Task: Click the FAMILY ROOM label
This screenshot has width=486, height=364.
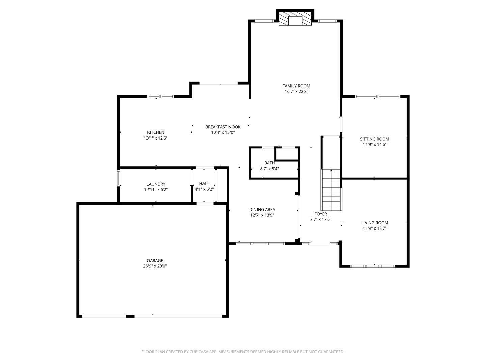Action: (296, 86)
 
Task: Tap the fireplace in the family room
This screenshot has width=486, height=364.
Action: (295, 19)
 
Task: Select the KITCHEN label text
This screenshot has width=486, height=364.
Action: (156, 132)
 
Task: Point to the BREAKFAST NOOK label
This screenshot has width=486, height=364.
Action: (223, 127)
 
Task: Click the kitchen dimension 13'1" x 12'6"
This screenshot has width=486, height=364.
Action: (156, 138)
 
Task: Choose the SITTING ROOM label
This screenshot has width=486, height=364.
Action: (375, 139)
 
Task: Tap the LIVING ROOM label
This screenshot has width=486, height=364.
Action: (375, 223)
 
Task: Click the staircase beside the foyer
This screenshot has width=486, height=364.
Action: (331, 190)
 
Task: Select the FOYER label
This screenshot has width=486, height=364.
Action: (321, 214)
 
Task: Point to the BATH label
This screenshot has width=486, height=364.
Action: (269, 163)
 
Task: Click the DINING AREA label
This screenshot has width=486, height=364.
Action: (262, 209)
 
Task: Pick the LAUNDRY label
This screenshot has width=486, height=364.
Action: (156, 184)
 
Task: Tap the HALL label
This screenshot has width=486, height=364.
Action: (204, 184)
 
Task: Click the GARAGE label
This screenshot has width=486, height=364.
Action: (155, 260)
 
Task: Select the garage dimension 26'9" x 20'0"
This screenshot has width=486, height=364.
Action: (155, 266)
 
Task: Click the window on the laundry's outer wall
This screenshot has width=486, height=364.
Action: (119, 178)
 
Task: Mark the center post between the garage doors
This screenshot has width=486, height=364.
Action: (130, 316)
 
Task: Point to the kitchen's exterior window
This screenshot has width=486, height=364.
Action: (161, 97)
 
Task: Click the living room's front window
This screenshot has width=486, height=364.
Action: (372, 266)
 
